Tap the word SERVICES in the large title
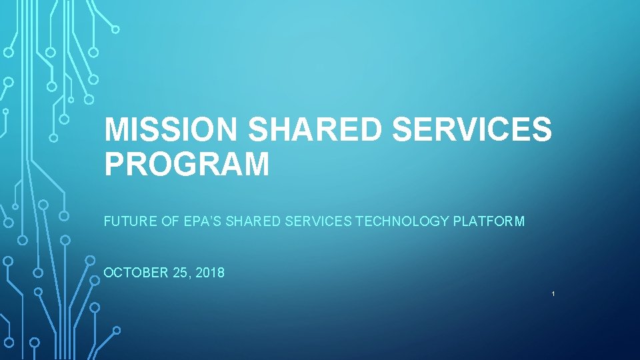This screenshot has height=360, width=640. (472, 129)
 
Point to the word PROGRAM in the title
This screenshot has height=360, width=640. (187, 164)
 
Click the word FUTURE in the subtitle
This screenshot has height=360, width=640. (131, 221)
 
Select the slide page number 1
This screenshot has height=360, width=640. (553, 294)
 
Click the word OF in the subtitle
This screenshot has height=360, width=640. (169, 221)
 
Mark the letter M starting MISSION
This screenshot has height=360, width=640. (118, 129)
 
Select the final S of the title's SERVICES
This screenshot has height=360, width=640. (541, 129)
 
